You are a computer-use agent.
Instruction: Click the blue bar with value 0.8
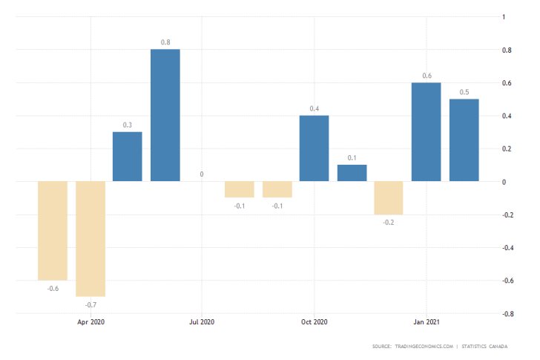tap(165, 115)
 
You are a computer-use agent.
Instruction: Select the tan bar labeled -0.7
tap(90, 238)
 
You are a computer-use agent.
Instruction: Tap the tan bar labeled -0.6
tap(53, 230)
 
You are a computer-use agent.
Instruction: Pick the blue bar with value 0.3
tap(128, 157)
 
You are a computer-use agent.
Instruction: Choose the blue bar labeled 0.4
tap(315, 148)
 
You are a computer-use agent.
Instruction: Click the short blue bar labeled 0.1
tap(352, 173)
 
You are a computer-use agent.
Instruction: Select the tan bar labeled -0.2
tap(389, 197)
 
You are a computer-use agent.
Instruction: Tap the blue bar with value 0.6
tap(427, 132)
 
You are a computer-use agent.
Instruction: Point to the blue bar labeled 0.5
tap(464, 140)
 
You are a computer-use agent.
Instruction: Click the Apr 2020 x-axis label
tap(90, 322)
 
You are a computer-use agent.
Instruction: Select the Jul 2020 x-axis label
tap(202, 322)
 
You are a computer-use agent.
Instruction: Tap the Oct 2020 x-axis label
tap(314, 322)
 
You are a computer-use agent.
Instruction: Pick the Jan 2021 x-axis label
tap(426, 322)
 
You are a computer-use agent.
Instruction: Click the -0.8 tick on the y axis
tap(507, 313)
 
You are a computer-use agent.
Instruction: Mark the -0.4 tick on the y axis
tap(507, 247)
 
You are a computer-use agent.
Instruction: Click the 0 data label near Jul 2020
tap(202, 175)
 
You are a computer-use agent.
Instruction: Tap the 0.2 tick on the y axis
tap(506, 148)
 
